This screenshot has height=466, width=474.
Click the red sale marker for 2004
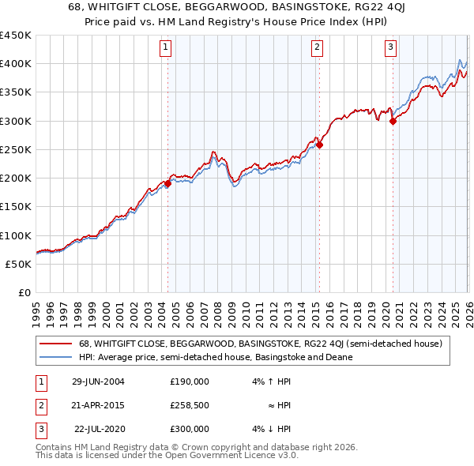tap(167, 183)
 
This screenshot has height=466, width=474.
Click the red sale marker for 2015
tap(319, 145)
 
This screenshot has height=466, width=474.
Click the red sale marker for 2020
tap(393, 121)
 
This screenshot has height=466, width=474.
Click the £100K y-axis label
tap(16, 235)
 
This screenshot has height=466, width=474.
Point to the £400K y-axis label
tap(16, 64)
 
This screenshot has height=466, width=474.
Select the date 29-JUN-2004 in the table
tap(98, 381)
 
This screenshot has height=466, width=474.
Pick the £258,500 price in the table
tap(190, 405)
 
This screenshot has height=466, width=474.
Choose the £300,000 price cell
tap(190, 429)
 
